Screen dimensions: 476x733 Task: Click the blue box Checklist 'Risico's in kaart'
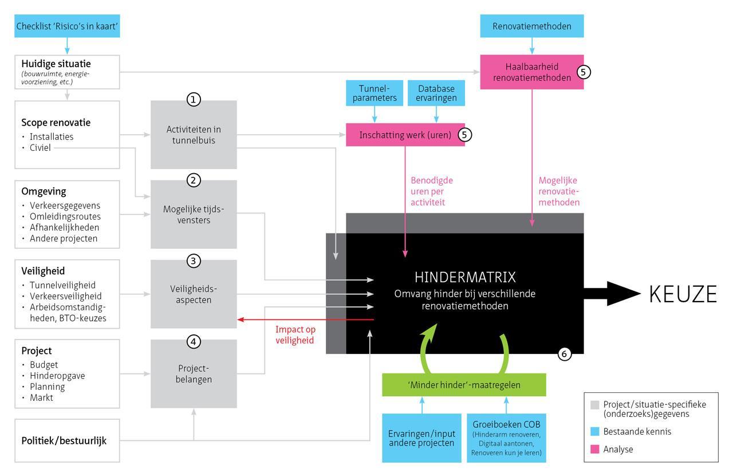coord(68,26)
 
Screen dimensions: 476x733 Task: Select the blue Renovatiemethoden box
coord(532,26)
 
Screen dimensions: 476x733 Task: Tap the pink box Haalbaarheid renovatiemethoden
coord(532,72)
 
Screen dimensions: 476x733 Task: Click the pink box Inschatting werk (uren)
coord(405,135)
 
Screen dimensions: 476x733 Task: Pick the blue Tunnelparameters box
coord(374,93)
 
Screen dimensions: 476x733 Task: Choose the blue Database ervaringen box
coord(436,93)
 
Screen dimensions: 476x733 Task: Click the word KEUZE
coord(683,294)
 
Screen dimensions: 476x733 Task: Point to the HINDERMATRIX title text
coord(464,278)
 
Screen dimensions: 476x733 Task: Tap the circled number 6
coord(564,354)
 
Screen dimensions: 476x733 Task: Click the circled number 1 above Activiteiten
coord(194,100)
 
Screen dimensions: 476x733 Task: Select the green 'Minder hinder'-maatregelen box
coord(464,385)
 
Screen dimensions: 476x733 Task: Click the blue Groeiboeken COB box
coord(506,438)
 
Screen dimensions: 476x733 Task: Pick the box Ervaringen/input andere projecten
coord(422,438)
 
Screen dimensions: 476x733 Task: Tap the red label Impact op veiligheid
coord(295,335)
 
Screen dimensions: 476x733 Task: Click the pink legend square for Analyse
coord(594,450)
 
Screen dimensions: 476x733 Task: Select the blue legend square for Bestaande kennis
coord(594,431)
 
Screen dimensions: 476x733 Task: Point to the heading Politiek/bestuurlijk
coord(64,441)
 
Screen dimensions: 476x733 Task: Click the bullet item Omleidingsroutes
coord(65,216)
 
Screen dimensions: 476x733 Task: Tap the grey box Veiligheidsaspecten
coord(194,294)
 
